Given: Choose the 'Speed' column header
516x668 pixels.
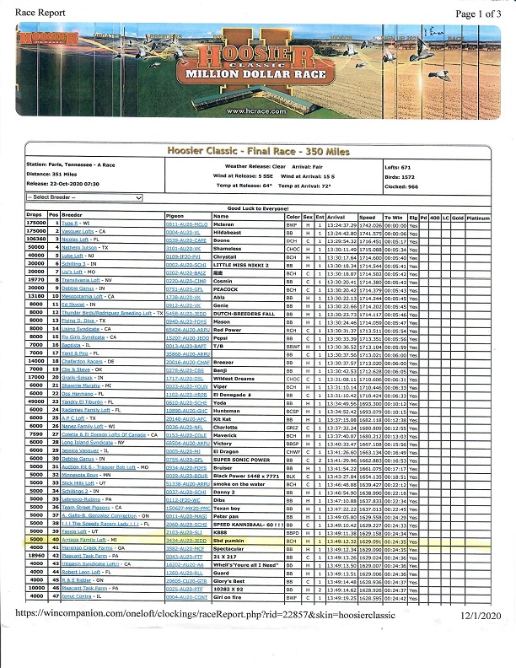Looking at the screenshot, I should pyautogui.click(x=367, y=217).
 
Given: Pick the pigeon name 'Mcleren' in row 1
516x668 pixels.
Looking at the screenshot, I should pyautogui.click(x=224, y=224).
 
